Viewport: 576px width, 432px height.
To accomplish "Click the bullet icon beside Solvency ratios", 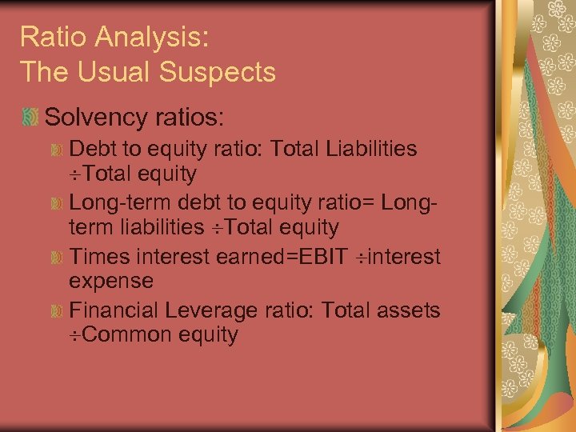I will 30,118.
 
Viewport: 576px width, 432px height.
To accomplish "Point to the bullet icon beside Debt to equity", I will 57,150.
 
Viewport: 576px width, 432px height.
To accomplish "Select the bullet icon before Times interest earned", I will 57,257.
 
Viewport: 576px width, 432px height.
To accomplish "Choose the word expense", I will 111,281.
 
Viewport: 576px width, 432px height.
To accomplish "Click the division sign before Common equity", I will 74,334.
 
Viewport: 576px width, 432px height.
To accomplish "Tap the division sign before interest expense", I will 361,258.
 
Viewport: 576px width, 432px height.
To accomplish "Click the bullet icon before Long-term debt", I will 57,203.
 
